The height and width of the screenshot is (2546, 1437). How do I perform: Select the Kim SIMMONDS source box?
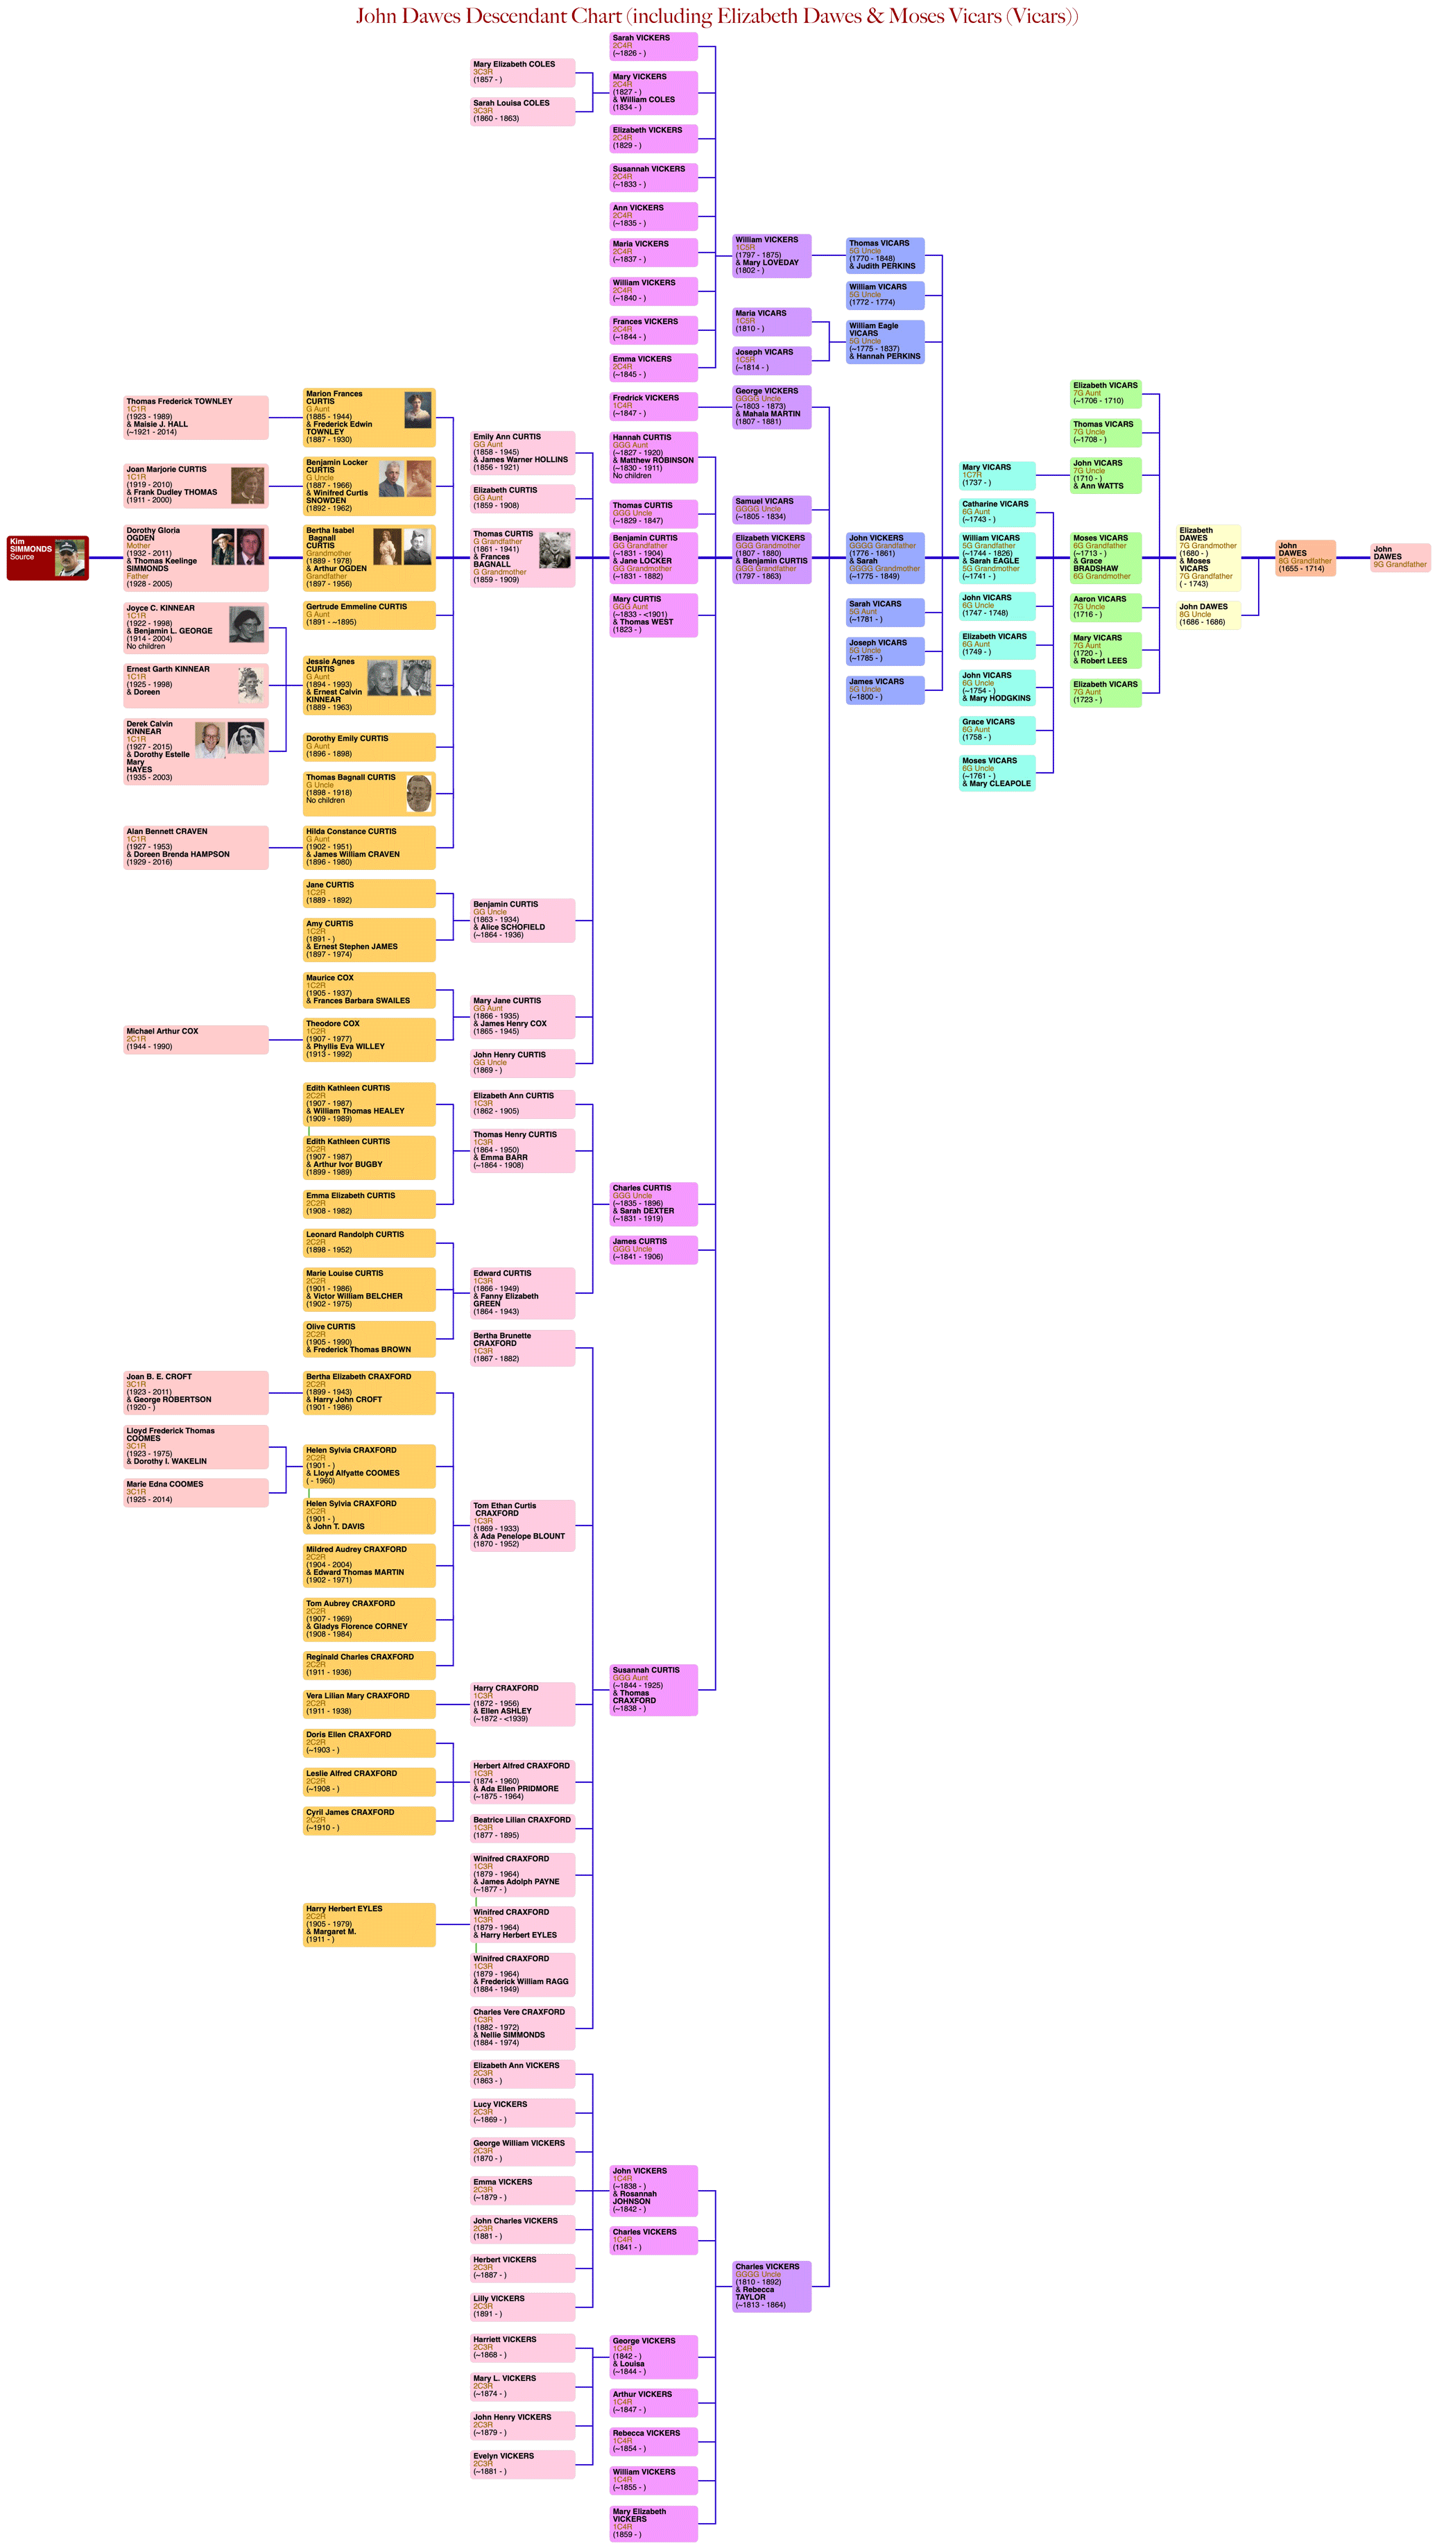point(47,558)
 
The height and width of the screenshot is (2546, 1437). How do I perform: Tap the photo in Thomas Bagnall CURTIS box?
point(419,793)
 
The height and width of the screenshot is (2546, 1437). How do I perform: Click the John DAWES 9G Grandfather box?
point(1400,556)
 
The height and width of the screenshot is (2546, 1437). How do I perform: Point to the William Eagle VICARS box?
point(884,341)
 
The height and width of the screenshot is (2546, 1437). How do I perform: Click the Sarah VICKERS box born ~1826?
point(653,46)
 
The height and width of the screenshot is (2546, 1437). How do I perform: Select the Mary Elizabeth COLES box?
point(522,72)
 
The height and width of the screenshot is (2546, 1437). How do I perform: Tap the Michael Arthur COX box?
point(196,1039)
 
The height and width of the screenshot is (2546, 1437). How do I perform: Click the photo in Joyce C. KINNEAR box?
point(246,624)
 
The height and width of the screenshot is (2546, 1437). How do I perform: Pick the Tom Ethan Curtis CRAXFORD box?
point(522,1525)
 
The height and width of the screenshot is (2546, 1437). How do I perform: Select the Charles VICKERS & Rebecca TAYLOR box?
point(772,2286)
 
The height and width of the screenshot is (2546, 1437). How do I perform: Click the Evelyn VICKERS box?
point(522,2463)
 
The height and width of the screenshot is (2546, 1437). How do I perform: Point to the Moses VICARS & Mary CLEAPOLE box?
point(996,772)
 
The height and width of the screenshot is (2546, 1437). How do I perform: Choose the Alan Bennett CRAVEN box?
point(196,847)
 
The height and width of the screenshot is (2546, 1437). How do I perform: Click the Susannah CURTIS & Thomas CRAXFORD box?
point(653,1689)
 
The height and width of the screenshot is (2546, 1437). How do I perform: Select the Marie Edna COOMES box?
point(196,1492)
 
